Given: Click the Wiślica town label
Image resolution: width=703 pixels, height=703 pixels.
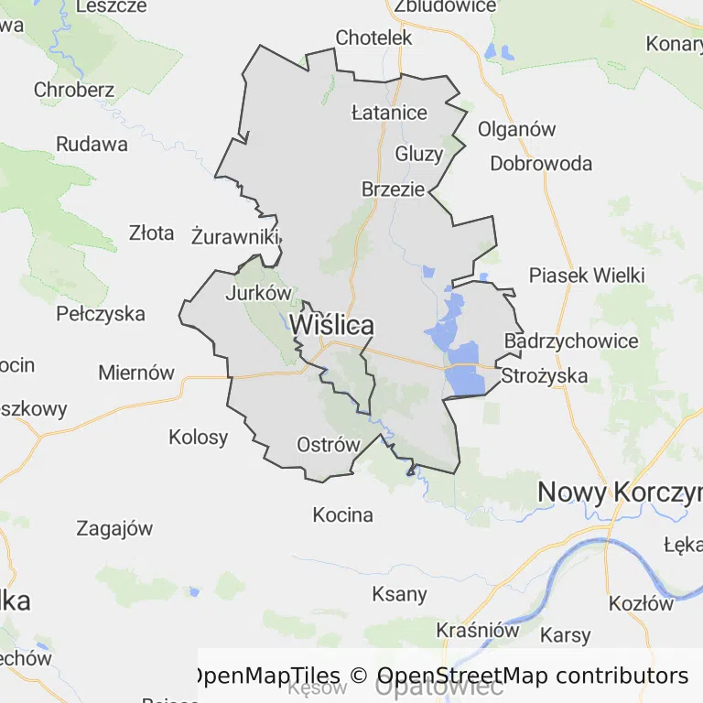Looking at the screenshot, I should (x=331, y=325).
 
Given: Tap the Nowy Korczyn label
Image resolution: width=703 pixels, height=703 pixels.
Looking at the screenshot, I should (x=619, y=492).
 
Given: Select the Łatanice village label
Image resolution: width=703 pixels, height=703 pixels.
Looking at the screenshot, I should (x=389, y=113).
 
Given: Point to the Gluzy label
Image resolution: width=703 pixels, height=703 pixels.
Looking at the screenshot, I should (x=418, y=154).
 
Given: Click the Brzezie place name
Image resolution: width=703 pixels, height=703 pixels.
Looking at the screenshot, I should (x=393, y=189).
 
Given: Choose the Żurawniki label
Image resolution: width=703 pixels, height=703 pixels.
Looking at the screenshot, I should (x=235, y=236).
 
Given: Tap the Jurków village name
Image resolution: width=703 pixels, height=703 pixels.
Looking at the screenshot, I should (x=257, y=294).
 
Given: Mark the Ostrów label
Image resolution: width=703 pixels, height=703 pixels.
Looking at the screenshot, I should (x=329, y=445).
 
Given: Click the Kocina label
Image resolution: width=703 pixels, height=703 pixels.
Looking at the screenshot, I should (x=343, y=514).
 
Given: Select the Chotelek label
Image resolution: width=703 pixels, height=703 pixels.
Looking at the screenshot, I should (x=373, y=38).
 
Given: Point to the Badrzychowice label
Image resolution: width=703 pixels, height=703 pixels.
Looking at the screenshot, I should (x=571, y=341).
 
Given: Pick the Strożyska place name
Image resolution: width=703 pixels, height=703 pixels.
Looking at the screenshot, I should (x=544, y=375).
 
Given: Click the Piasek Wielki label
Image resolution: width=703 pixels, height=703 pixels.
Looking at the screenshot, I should (x=587, y=276).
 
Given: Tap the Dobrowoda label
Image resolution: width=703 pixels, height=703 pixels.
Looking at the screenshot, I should (x=541, y=164).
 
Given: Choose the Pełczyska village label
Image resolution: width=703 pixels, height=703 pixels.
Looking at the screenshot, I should (x=101, y=314).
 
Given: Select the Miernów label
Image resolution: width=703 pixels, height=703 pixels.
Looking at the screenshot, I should (x=135, y=373).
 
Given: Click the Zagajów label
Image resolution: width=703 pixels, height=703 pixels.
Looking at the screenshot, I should (x=114, y=528).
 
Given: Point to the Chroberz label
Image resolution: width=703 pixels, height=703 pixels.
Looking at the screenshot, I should (x=74, y=90).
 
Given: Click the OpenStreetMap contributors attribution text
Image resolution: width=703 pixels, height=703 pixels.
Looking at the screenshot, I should (x=531, y=676).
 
